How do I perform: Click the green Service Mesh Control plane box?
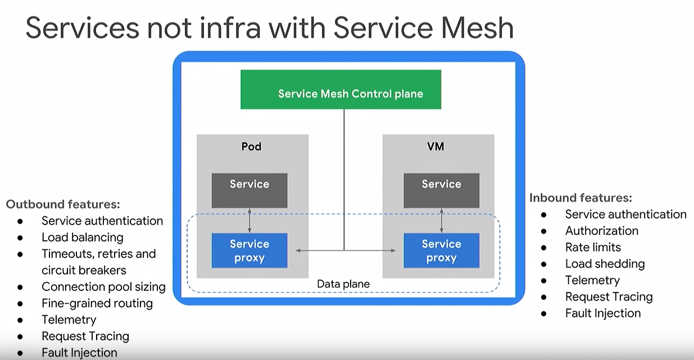[341, 89]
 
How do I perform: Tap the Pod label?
[251, 147]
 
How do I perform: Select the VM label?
[436, 147]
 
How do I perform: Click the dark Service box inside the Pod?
[250, 190]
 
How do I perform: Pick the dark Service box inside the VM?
[441, 190]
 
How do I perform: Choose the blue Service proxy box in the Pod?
[250, 250]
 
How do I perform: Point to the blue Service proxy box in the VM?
[441, 250]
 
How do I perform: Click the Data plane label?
[343, 284]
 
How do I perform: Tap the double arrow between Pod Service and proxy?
[250, 220]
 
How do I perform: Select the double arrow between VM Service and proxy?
[442, 220]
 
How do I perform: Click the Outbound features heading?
[63, 204]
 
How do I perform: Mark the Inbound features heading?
[580, 198]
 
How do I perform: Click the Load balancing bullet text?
[83, 238]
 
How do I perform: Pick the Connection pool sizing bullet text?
[103, 287]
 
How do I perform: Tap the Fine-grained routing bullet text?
[97, 303]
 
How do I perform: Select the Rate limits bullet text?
[593, 247]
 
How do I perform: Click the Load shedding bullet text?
[605, 264]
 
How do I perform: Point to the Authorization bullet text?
[602, 231]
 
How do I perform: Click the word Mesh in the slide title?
[477, 28]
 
